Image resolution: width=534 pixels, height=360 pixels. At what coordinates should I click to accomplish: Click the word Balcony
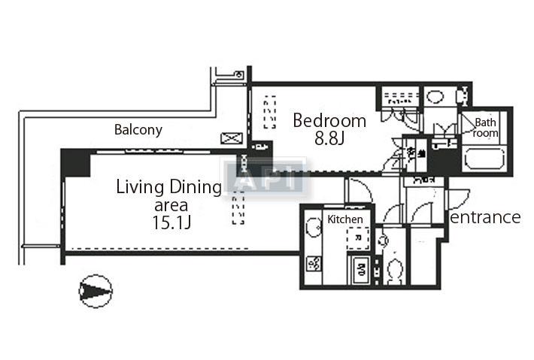coord(138,130)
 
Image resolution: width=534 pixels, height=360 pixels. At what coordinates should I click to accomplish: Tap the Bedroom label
coord(329,120)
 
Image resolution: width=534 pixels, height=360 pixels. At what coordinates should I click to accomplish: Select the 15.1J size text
coord(171,222)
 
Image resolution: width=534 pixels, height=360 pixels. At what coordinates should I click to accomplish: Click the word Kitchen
coord(345,219)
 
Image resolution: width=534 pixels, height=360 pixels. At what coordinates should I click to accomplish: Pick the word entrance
coord(485,217)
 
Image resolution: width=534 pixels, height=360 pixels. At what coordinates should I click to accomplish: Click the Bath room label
coord(486,126)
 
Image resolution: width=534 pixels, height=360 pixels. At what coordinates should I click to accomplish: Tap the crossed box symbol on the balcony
coord(229,139)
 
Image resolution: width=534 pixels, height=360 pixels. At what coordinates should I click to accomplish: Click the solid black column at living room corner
coord(75,162)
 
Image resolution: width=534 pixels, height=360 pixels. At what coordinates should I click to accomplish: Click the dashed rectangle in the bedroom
coord(269,113)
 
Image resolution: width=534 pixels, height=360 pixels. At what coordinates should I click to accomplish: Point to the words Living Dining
coord(168,188)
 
